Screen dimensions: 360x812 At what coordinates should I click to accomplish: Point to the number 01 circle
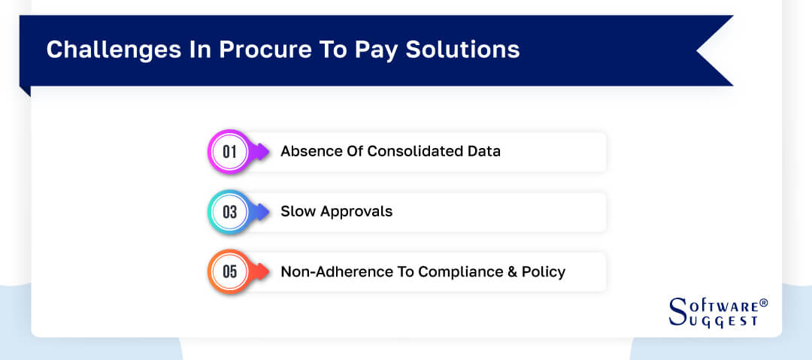229,152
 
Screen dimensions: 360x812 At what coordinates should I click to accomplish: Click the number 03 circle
229,212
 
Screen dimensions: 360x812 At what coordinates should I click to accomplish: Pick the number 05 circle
229,271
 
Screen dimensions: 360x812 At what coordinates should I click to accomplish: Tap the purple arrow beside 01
261,152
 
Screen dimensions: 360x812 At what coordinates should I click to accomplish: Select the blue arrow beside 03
261,212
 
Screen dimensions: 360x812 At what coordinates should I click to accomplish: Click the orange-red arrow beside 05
261,271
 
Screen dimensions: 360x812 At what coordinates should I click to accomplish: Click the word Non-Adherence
324,271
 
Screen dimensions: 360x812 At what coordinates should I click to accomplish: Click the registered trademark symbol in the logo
764,303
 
